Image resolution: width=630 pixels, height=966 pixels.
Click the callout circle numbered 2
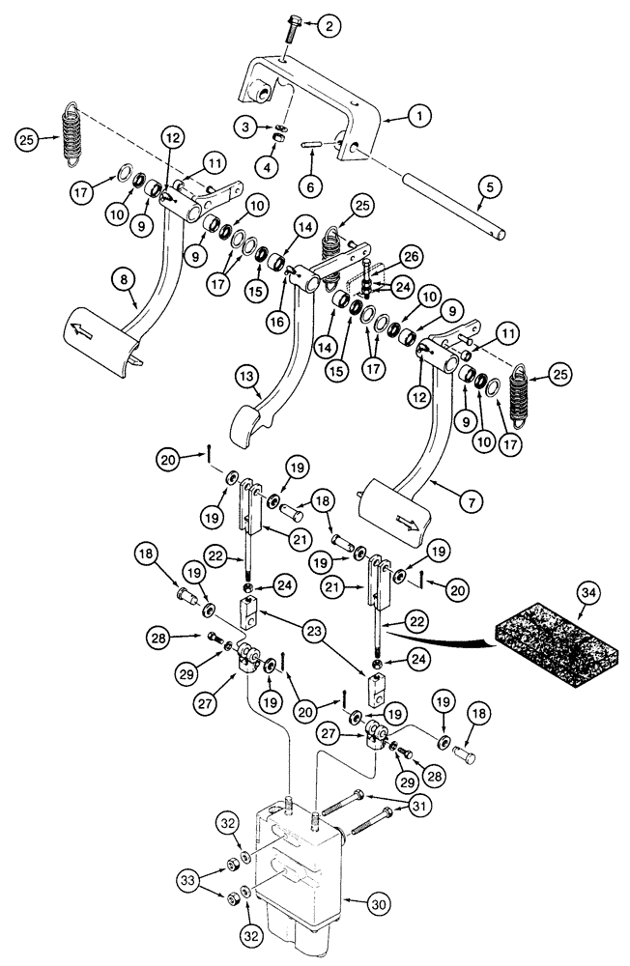[328, 26]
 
